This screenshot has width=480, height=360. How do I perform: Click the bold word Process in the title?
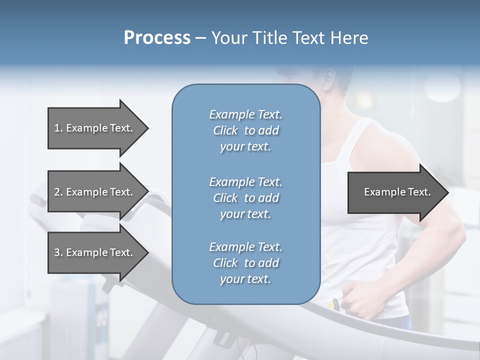157,38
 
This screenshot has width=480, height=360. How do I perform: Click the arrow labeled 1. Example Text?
95,128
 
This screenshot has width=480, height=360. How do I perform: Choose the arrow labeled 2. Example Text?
95,192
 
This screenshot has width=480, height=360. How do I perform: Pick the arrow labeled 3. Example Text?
95,252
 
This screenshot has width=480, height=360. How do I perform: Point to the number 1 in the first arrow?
57,128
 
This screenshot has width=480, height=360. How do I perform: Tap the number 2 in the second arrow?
57,192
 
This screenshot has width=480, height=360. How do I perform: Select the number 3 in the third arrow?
57,252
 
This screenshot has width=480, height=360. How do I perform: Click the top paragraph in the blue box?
245,130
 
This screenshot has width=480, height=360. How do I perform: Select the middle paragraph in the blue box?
245,198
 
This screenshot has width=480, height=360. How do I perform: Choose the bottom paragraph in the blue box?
245,263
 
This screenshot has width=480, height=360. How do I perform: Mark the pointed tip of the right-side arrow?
447,192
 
